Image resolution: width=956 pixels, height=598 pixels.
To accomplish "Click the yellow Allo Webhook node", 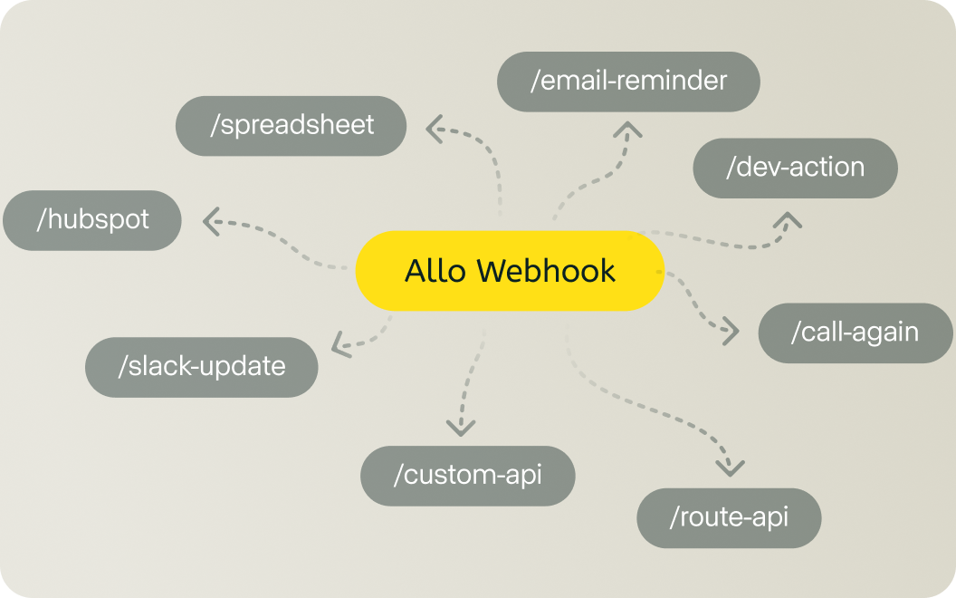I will tap(510, 271).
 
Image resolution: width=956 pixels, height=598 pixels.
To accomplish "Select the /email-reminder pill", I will tap(628, 82).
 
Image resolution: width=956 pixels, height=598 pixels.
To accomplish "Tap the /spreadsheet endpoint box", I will tap(292, 125).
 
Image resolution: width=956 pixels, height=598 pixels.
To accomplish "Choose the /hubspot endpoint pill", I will tap(92, 219).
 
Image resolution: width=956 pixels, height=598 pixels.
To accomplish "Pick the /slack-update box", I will tap(201, 367).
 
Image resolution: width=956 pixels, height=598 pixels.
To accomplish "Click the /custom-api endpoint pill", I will tap(467, 475).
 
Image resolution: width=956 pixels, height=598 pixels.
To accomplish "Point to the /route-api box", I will tap(729, 518).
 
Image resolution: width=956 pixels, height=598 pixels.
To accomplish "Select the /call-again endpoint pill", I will tap(855, 333).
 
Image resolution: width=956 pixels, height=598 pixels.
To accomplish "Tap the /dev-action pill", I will tap(795, 168).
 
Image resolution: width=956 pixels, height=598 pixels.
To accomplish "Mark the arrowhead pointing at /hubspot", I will tap(210, 221).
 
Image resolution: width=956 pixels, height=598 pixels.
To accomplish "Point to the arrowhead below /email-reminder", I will tap(626, 130).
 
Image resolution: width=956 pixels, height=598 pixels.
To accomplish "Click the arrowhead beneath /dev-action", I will tap(789, 219).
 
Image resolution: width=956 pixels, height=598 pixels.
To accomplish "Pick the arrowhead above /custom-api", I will tap(461, 427).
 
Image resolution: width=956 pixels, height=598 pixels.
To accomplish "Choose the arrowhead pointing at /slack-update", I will tap(339, 344).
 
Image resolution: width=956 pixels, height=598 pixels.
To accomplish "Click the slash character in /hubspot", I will tap(42, 219).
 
